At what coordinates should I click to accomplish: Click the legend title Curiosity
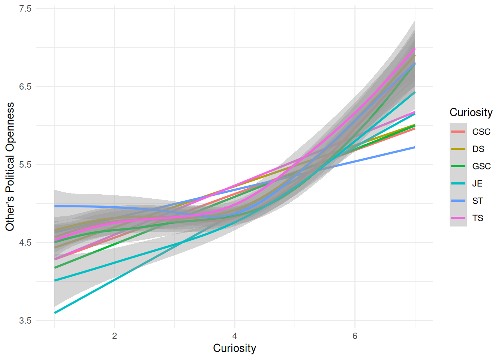click(471, 112)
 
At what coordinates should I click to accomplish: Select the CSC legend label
click(481, 132)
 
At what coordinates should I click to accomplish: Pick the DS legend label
click(478, 149)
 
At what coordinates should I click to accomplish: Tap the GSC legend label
click(481, 166)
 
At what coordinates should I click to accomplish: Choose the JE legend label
click(477, 184)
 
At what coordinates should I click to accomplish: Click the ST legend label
click(477, 201)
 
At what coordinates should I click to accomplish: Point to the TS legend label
click(477, 218)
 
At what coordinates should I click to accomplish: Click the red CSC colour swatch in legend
click(458, 132)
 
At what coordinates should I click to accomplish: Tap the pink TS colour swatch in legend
click(458, 218)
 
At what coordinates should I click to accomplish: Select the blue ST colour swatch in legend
click(458, 201)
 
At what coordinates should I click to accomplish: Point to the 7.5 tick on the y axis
click(25, 9)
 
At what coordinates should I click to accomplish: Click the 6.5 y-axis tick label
click(25, 87)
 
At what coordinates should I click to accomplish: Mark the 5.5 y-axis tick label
click(25, 165)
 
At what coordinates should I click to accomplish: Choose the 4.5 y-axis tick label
click(25, 243)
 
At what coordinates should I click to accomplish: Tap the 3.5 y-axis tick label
click(25, 321)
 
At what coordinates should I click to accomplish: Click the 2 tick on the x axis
click(114, 336)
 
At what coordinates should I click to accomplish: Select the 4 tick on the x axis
click(235, 336)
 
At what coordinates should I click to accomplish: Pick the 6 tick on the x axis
click(355, 336)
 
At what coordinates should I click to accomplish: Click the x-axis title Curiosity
click(234, 348)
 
